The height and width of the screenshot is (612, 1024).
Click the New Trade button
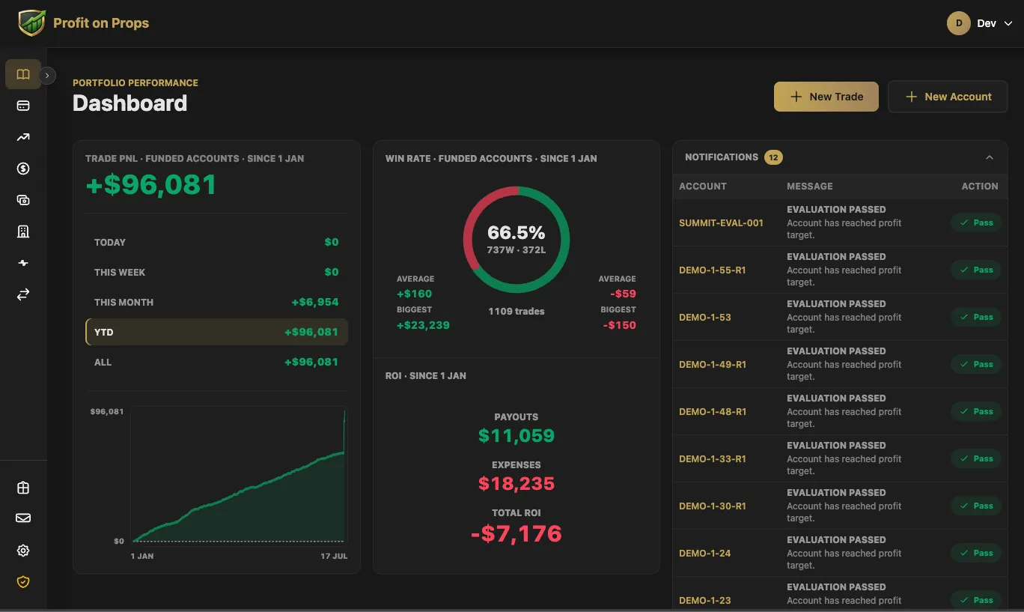826,97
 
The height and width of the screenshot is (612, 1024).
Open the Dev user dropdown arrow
1008,23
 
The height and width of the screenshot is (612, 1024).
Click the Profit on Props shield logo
31,23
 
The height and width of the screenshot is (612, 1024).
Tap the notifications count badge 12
773,157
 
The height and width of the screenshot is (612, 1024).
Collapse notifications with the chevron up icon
990,157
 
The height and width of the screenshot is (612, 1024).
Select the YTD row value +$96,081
311,332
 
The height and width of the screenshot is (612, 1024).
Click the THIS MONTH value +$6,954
315,302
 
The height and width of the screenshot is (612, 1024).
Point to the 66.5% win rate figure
516,232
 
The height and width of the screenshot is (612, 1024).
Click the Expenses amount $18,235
516,483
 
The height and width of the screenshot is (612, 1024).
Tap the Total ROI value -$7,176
516,533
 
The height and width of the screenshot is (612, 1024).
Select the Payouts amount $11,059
516,435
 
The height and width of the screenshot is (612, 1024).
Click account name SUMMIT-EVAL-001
721,222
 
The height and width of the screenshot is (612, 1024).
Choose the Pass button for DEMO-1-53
976,317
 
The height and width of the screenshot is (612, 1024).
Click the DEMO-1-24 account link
705,553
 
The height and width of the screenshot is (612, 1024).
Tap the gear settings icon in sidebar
23,551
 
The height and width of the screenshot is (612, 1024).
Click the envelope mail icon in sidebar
23,518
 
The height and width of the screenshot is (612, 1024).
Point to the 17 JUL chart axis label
334,557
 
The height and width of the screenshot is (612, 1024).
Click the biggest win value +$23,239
423,325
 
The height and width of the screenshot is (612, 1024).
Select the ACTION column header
980,187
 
